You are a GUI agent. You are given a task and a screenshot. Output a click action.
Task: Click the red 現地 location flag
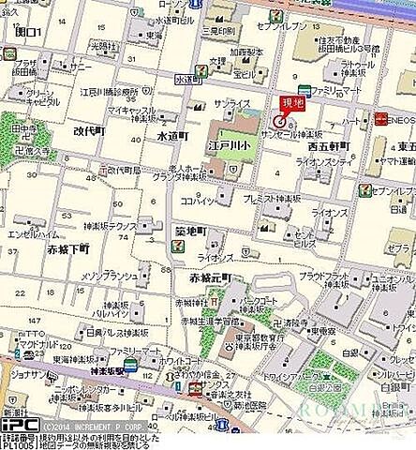[290, 104]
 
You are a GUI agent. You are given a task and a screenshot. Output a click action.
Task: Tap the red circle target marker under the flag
[278, 120]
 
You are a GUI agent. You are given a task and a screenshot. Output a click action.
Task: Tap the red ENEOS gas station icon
[381, 118]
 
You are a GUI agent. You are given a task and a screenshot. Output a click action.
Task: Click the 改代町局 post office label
[123, 170]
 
